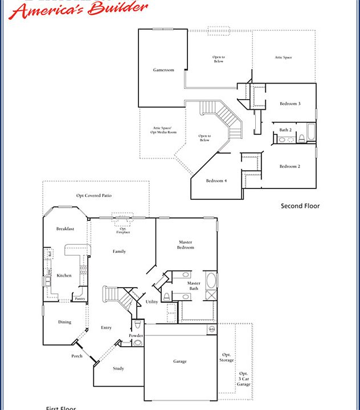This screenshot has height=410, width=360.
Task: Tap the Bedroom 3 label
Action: pos(290,104)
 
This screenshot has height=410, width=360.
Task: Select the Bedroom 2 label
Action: pos(290,166)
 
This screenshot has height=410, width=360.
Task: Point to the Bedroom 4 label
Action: pos(216,181)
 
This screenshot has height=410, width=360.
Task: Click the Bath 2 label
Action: pos(285,130)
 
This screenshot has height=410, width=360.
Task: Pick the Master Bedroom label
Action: pos(186,245)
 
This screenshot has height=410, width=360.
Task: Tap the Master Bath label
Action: pos(194,286)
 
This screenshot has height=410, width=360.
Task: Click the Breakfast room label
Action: pos(66,228)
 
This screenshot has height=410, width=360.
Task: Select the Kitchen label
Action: pos(64,275)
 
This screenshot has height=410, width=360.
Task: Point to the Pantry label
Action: pos(80,298)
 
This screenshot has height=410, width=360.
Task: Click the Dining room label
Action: pos(65,322)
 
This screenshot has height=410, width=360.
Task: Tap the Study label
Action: pos(118,368)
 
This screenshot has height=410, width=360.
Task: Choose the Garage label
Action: pos(180,361)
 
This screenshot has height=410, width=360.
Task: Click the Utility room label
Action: pos(152,302)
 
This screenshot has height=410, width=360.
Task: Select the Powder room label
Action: pos(136,335)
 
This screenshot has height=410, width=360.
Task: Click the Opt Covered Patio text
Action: pos(94,195)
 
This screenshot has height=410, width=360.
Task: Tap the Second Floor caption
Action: pos(300,206)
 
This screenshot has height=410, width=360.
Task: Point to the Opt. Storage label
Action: pos(227,356)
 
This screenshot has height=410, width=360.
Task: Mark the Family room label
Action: pos(119,251)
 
